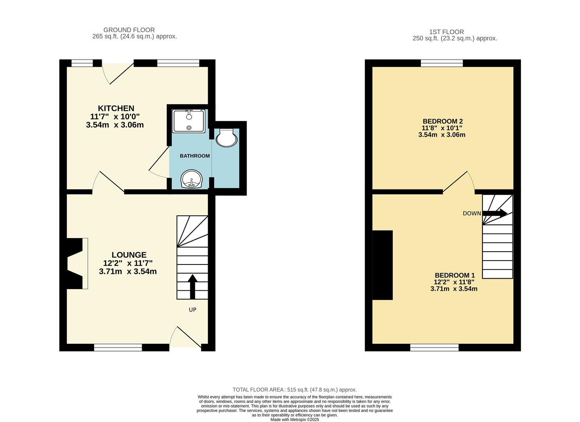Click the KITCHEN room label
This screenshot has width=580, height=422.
116,108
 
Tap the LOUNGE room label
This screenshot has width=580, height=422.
129,255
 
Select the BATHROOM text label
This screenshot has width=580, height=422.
194,156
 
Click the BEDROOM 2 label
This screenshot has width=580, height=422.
442,121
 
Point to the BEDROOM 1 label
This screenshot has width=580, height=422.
454,275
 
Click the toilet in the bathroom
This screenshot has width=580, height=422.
227,138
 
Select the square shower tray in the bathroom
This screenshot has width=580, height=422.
189,121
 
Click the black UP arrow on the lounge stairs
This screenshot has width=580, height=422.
192,286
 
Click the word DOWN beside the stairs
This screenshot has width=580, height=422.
471,213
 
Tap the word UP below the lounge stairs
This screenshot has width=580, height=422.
192,309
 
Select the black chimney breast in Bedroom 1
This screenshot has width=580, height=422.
383,265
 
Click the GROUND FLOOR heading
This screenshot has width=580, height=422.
129,30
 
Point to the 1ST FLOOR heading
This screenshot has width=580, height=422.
447,32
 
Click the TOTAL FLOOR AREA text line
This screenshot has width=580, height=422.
295,390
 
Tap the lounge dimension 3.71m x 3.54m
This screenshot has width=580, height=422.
128,272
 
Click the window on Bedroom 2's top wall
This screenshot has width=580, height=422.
442,63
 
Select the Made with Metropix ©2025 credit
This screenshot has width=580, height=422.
295,419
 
